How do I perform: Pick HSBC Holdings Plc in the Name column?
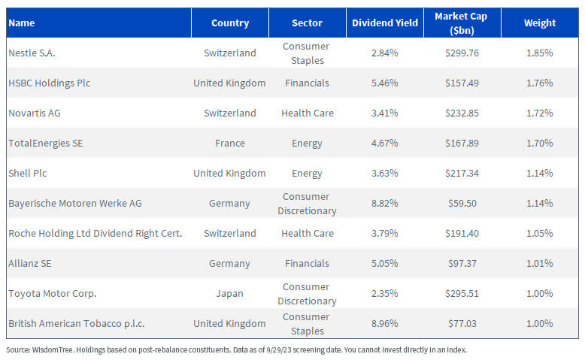click(x=49, y=83)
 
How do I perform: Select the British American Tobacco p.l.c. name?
click(x=77, y=324)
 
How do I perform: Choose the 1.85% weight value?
click(x=538, y=53)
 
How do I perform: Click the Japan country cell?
click(x=229, y=294)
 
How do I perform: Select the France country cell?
click(x=229, y=144)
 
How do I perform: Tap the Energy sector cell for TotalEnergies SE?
click(x=307, y=144)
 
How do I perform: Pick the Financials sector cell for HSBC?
click(x=307, y=83)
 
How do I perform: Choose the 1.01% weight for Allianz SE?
click(x=538, y=264)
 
